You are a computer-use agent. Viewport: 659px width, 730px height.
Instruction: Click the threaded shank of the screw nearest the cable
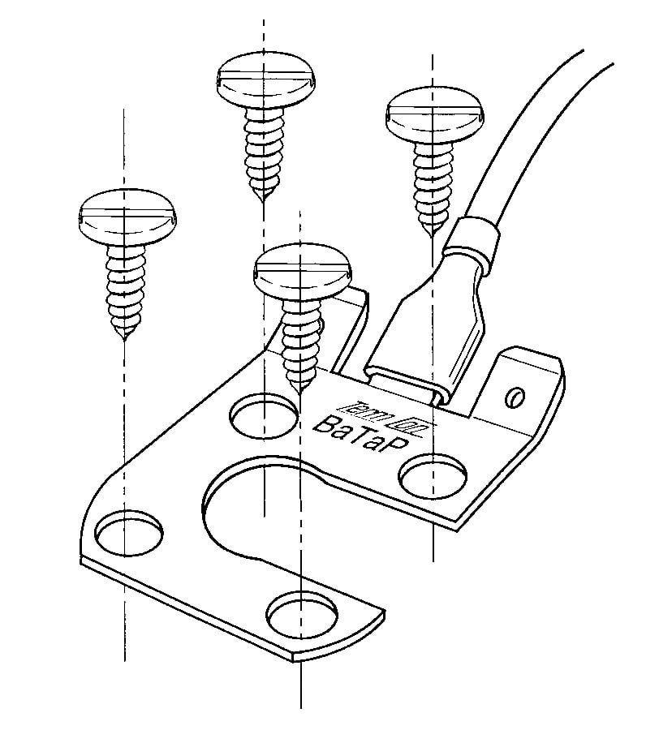point(432,182)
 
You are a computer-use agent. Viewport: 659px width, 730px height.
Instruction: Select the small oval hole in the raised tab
point(512,397)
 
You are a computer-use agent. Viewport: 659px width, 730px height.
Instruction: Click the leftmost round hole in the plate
point(128,531)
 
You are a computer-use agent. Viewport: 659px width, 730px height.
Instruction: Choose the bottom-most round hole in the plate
point(303,617)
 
